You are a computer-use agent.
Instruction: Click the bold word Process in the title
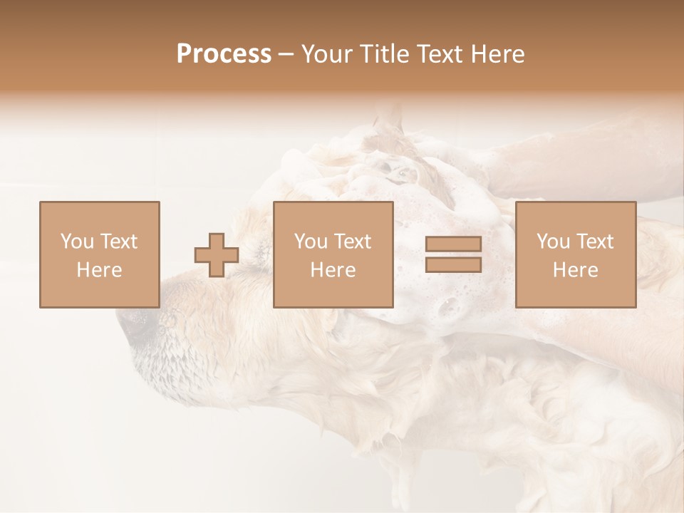pos(224,54)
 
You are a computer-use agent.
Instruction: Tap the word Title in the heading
pos(384,54)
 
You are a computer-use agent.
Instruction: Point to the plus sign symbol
pos(217,255)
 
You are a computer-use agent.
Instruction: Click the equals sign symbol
pos(453,254)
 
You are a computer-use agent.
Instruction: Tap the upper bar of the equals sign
pos(453,244)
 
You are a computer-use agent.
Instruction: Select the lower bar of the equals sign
pos(453,264)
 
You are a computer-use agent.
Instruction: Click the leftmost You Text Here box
pos(99,254)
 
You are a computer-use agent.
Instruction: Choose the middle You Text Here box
pos(333,254)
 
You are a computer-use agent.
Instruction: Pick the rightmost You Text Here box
pos(576,254)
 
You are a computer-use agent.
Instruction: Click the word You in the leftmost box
pos(76,242)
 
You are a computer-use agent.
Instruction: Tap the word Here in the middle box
pos(333,270)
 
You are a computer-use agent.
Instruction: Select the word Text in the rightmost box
pos(594,242)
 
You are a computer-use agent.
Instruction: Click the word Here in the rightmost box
pos(576,270)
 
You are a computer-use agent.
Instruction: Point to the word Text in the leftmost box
pos(118,242)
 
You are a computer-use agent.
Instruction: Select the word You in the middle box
pos(311,242)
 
